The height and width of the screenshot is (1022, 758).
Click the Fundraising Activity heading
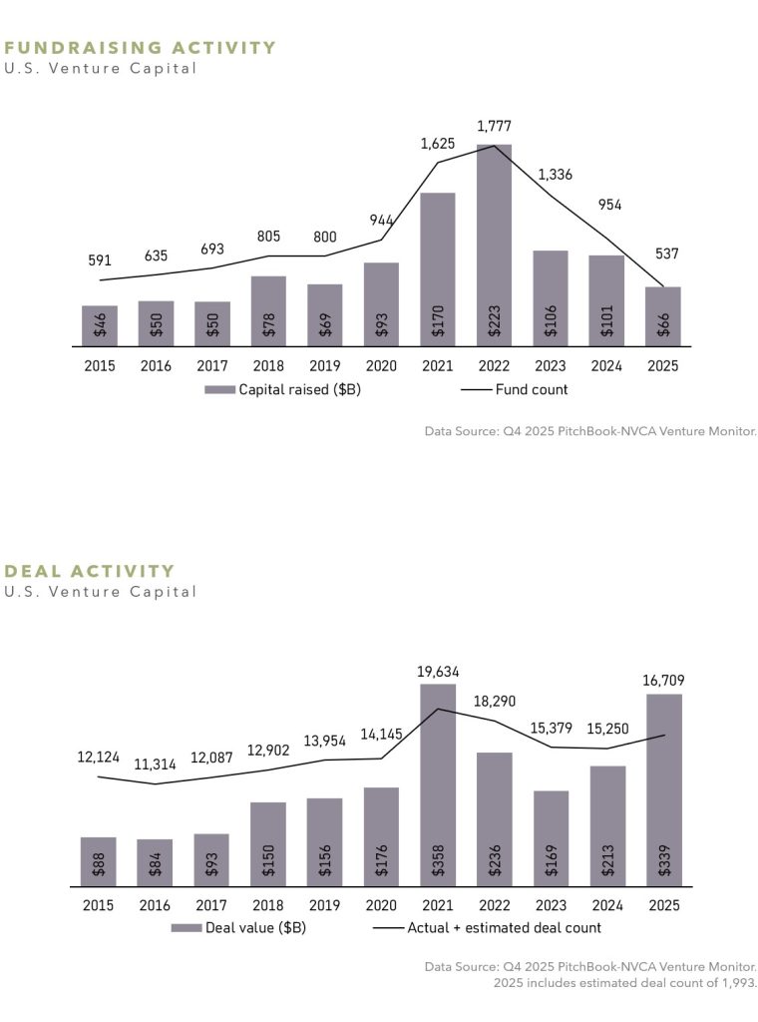point(141,48)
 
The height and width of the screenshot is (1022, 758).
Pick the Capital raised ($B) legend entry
point(282,389)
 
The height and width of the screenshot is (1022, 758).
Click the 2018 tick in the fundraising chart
point(268,366)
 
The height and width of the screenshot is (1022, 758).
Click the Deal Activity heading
point(90,571)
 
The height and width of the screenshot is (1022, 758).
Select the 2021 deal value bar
point(438,784)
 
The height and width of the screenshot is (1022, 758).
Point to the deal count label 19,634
point(438,672)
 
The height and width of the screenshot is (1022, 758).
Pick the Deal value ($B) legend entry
point(238,928)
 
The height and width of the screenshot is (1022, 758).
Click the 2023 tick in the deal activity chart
point(551,905)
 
